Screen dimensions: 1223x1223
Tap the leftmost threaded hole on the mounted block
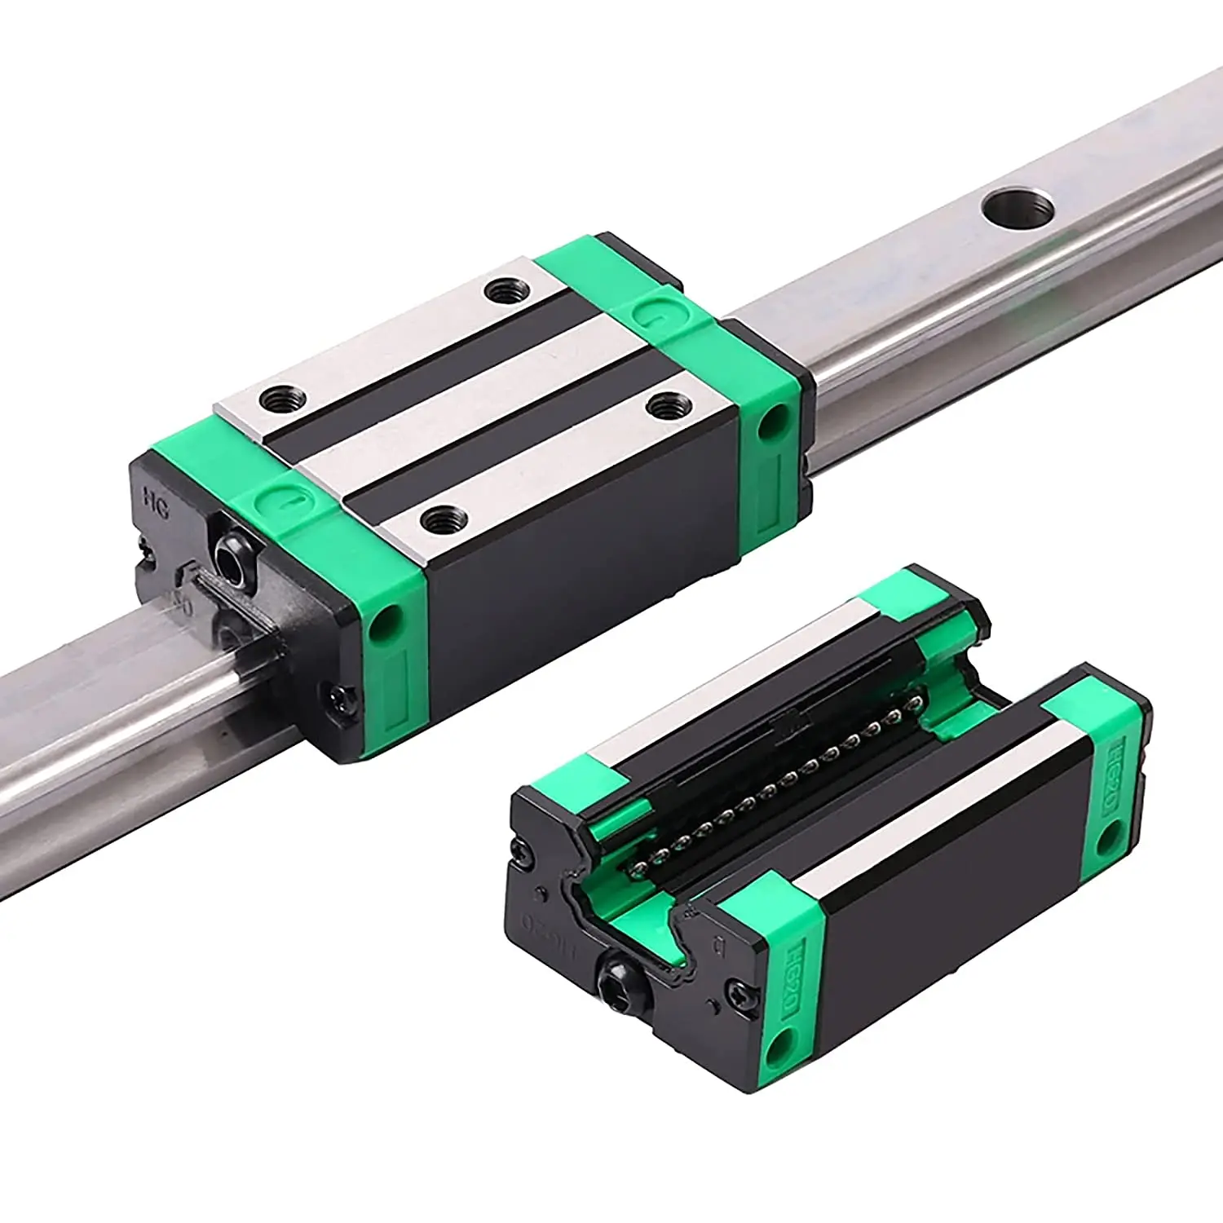pyautogui.click(x=283, y=399)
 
